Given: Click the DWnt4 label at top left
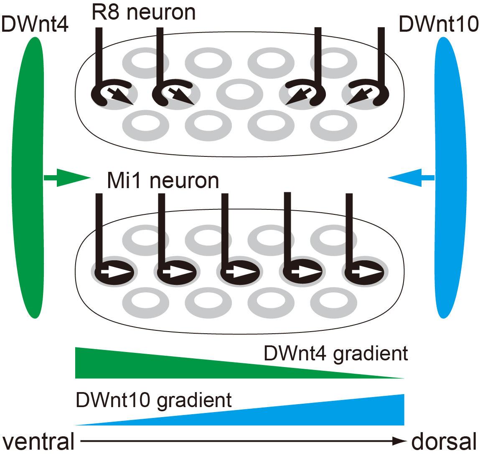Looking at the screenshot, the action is [x=35, y=24].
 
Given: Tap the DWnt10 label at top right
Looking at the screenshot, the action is [x=439, y=24].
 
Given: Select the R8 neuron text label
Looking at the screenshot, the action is [x=144, y=13].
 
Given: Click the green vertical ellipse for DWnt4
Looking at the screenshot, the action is [x=28, y=178].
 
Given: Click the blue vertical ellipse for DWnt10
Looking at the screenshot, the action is [x=451, y=178].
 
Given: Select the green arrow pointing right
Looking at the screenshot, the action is [x=67, y=178].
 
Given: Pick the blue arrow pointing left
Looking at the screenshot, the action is [x=411, y=178].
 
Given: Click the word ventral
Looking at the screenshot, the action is [x=38, y=441].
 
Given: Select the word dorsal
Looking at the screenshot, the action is [x=444, y=441].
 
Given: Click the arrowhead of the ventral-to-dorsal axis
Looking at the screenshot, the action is [x=399, y=441].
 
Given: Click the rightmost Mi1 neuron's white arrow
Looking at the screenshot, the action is [x=367, y=272].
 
